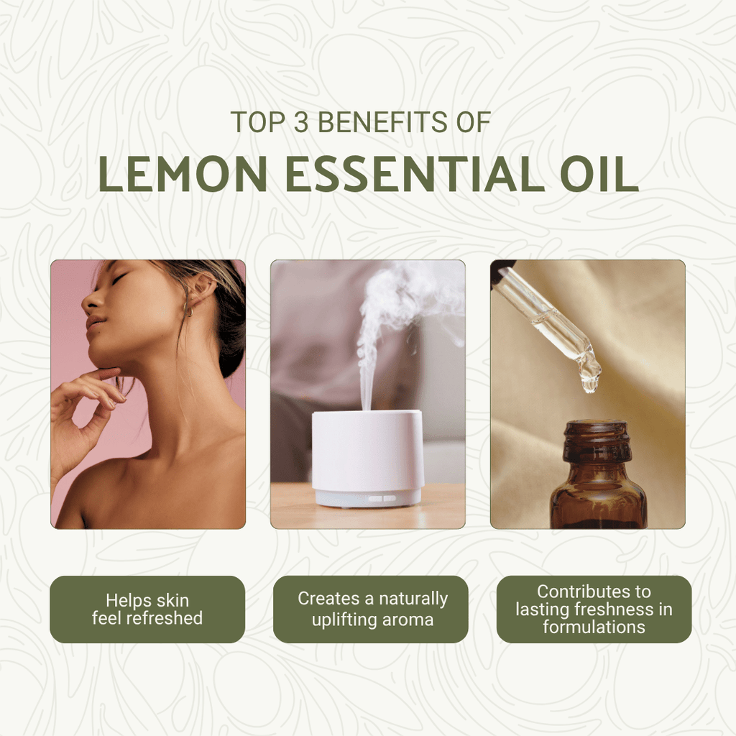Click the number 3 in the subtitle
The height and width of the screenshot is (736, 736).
point(301,122)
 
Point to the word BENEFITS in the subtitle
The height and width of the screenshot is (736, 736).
point(371,122)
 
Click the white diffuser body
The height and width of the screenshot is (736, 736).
point(367,449)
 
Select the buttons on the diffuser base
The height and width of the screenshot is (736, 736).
point(382,497)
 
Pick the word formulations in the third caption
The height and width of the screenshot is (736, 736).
point(594,627)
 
